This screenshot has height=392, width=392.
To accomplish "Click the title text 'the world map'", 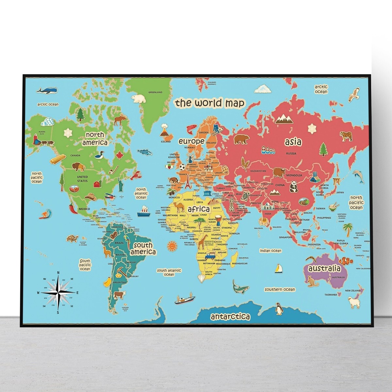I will pyautogui.click(x=209, y=103).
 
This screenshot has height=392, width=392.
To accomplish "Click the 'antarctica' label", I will pyautogui.click(x=230, y=317).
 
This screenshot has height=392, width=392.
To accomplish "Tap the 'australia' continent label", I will pyautogui.click(x=324, y=269).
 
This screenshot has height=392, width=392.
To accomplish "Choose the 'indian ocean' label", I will pyautogui.click(x=270, y=251).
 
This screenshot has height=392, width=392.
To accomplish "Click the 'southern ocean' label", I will pyautogui.click(x=280, y=289).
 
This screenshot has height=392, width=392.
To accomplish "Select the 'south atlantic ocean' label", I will pyautogui.click(x=169, y=272).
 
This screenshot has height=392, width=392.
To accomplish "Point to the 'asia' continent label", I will pyautogui.click(x=293, y=142).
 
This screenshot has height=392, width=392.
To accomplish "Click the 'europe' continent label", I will pyautogui.click(x=191, y=141).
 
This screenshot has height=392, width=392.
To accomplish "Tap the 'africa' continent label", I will pyautogui.click(x=198, y=209).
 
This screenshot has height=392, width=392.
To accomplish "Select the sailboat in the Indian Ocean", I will pyautogui.click(x=278, y=269).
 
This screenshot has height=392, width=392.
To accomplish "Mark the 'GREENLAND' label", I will pyautogui.click(x=155, y=92).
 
